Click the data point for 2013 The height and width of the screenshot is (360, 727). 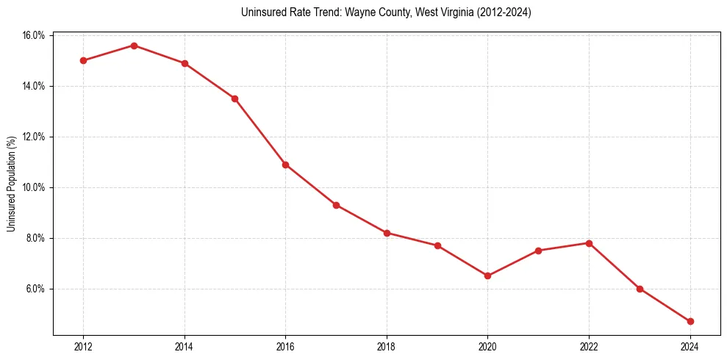pyautogui.click(x=134, y=46)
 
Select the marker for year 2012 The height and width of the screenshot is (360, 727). pyautogui.click(x=83, y=60)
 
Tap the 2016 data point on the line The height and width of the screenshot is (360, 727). pyautogui.click(x=285, y=165)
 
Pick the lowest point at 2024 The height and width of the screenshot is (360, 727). pyautogui.click(x=690, y=321)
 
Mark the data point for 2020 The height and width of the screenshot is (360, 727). pyautogui.click(x=487, y=276)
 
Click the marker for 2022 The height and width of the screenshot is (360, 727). pyautogui.click(x=589, y=243)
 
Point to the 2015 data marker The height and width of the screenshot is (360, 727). pyautogui.click(x=234, y=98)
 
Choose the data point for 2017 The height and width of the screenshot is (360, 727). pyautogui.click(x=336, y=205)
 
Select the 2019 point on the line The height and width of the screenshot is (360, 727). pyautogui.click(x=437, y=245)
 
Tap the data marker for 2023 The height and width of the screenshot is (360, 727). pyautogui.click(x=640, y=289)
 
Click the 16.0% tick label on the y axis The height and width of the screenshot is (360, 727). pyautogui.click(x=35, y=35)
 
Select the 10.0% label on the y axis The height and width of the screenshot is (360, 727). pyautogui.click(x=35, y=187)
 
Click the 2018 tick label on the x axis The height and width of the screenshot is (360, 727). pyautogui.click(x=387, y=347)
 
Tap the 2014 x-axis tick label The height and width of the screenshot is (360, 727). pyautogui.click(x=185, y=347)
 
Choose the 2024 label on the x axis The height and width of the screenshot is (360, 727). pyautogui.click(x=690, y=347)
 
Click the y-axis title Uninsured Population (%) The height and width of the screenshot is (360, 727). pyautogui.click(x=11, y=184)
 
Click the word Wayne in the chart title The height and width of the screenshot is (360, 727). pyautogui.click(x=328, y=12)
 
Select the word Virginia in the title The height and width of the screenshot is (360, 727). pyautogui.click(x=458, y=12)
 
